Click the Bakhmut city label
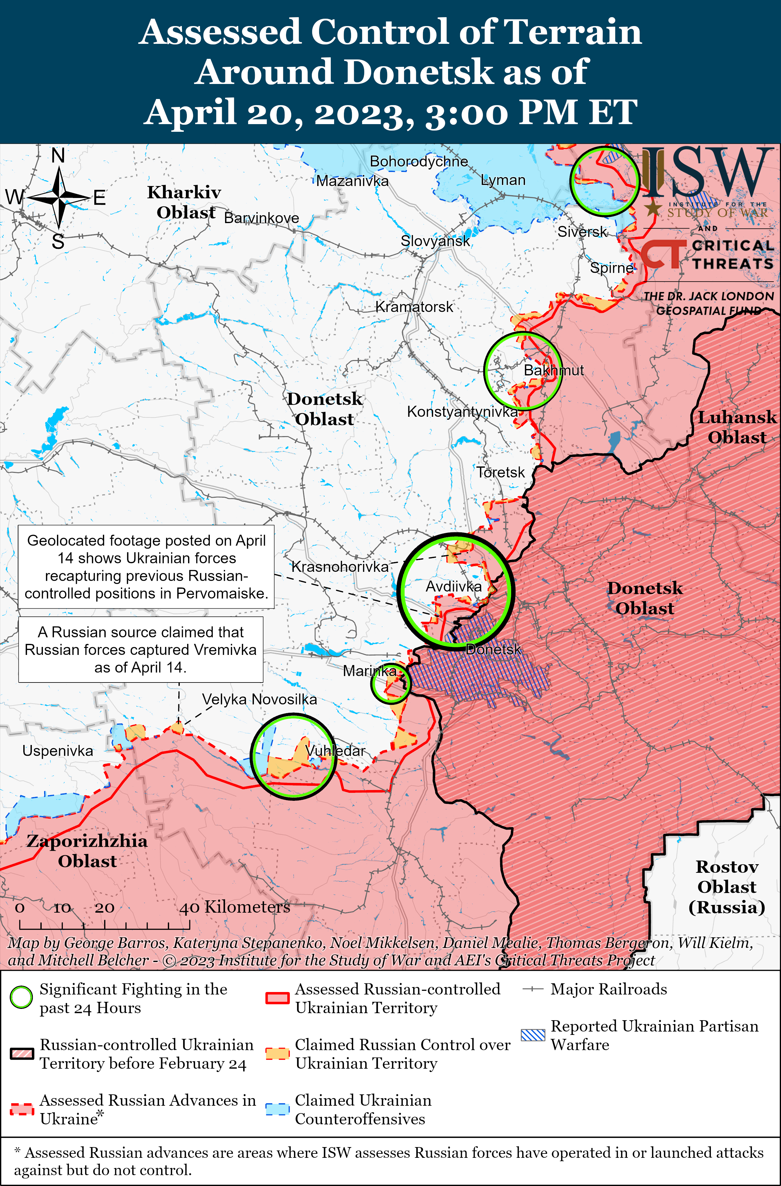[553, 370]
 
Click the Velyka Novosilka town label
[259, 699]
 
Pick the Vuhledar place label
[335, 751]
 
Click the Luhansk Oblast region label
[737, 427]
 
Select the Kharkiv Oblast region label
[184, 202]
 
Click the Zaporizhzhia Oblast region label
[87, 851]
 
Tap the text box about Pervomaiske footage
[146, 567]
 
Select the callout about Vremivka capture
[141, 649]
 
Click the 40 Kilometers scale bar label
[234, 907]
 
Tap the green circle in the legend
[21, 998]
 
